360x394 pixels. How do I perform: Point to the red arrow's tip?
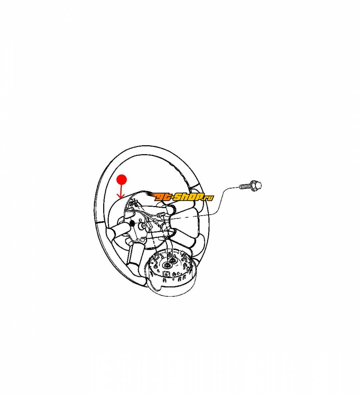click(121, 198)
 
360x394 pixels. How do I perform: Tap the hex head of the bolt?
click(256, 185)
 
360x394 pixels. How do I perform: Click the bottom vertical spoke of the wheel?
click(135, 253)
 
